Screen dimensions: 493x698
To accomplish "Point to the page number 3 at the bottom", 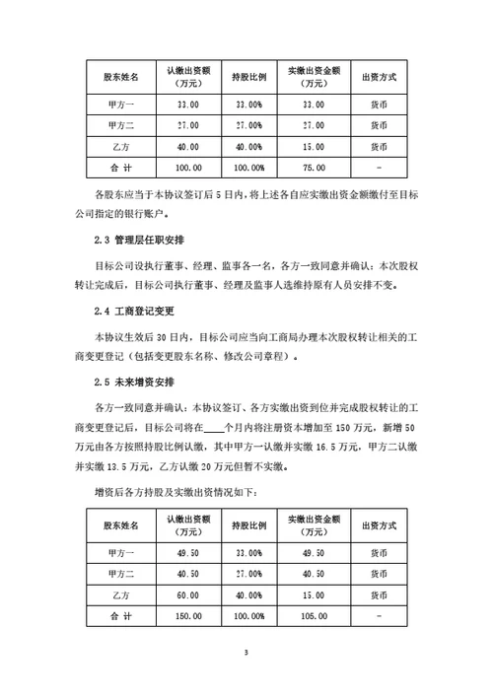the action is coord(246,654).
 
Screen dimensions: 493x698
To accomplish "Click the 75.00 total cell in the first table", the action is coord(313,169).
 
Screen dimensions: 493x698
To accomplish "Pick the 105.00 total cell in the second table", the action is coord(313,618).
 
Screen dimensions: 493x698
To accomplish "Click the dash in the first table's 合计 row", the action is coord(378,169).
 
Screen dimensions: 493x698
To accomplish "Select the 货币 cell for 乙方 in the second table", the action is coord(378,596).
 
